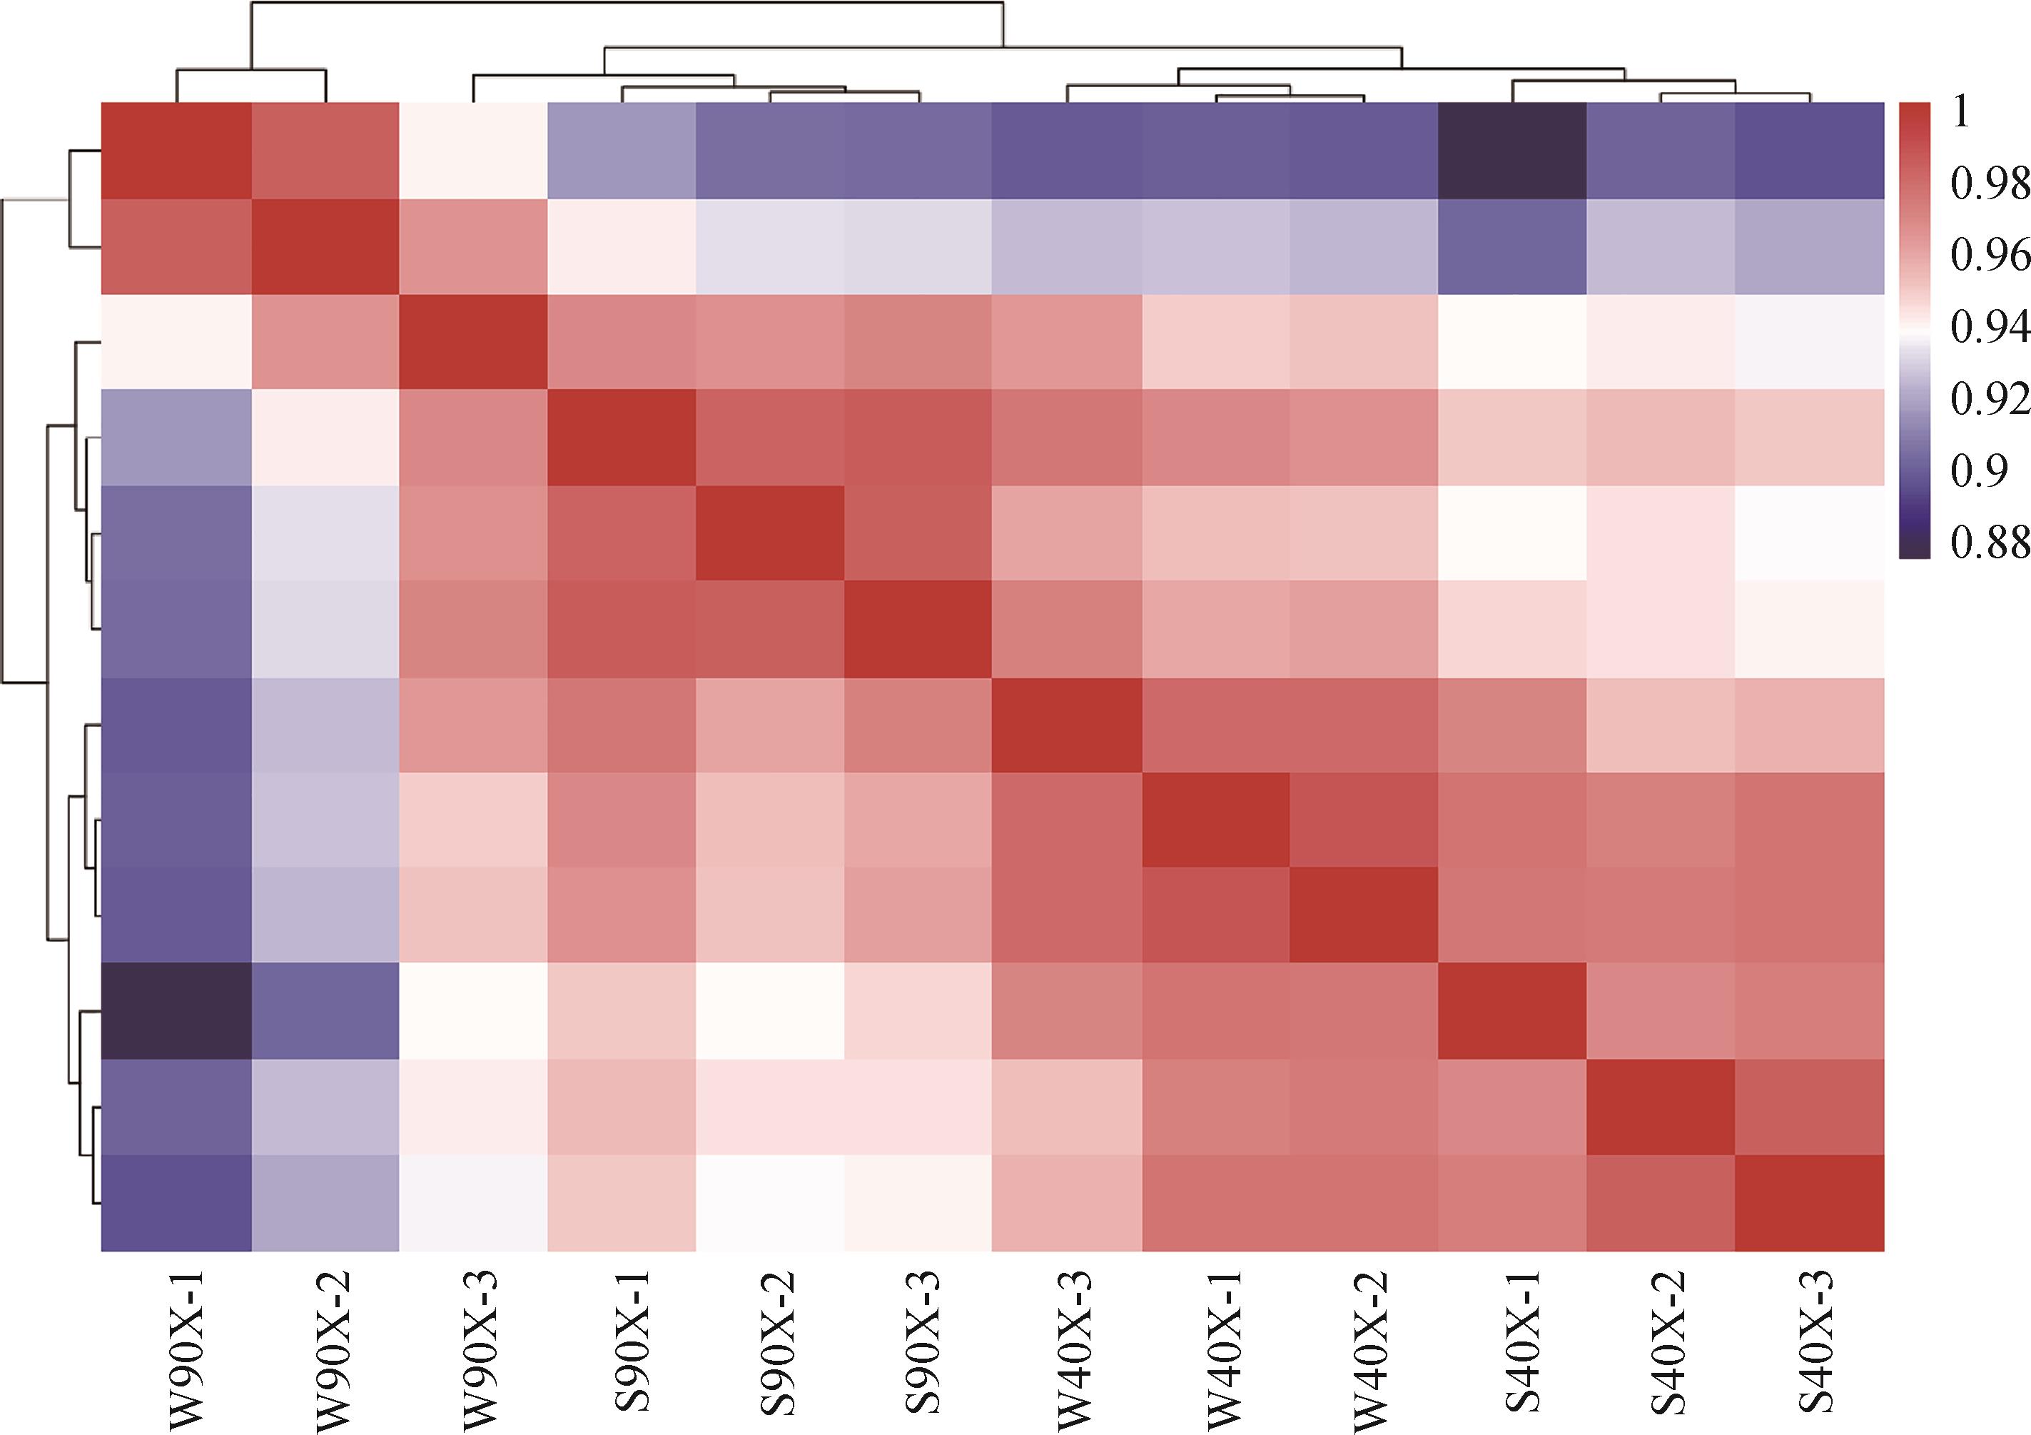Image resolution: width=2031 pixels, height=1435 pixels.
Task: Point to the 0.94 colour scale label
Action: (1989, 328)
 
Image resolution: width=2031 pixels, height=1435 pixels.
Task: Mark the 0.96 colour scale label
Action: (1989, 256)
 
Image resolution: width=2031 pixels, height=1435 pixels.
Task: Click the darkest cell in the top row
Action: (1511, 151)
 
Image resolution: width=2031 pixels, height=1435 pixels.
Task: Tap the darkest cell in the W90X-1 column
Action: (176, 1011)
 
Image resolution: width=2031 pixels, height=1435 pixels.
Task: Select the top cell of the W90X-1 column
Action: (176, 151)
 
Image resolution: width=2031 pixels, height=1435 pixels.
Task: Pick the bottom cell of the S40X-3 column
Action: (1809, 1203)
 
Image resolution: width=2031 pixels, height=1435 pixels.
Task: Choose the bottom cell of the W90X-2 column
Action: (325, 1203)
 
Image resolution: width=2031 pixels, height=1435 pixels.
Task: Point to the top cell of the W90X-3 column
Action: (473, 151)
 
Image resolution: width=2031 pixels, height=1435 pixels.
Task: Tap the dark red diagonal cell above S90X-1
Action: (622, 438)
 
